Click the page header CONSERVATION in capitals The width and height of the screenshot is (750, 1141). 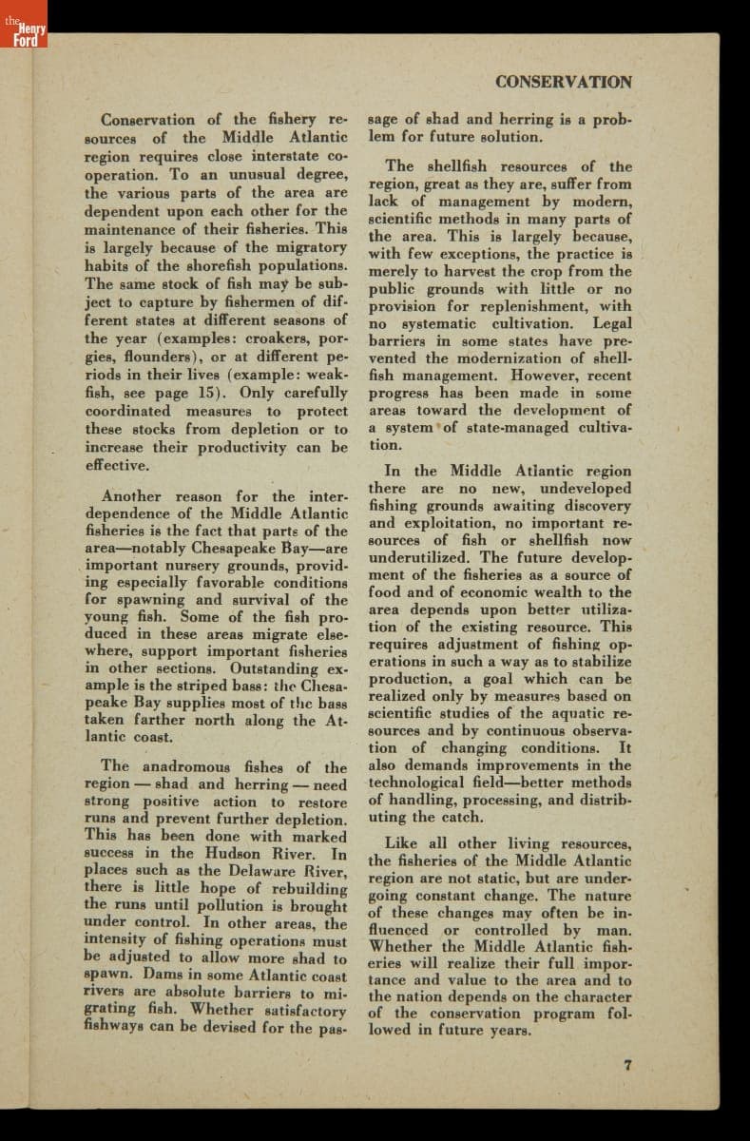[563, 82]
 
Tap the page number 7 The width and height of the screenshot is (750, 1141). [627, 1065]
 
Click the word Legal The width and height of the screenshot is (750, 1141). [612, 324]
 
